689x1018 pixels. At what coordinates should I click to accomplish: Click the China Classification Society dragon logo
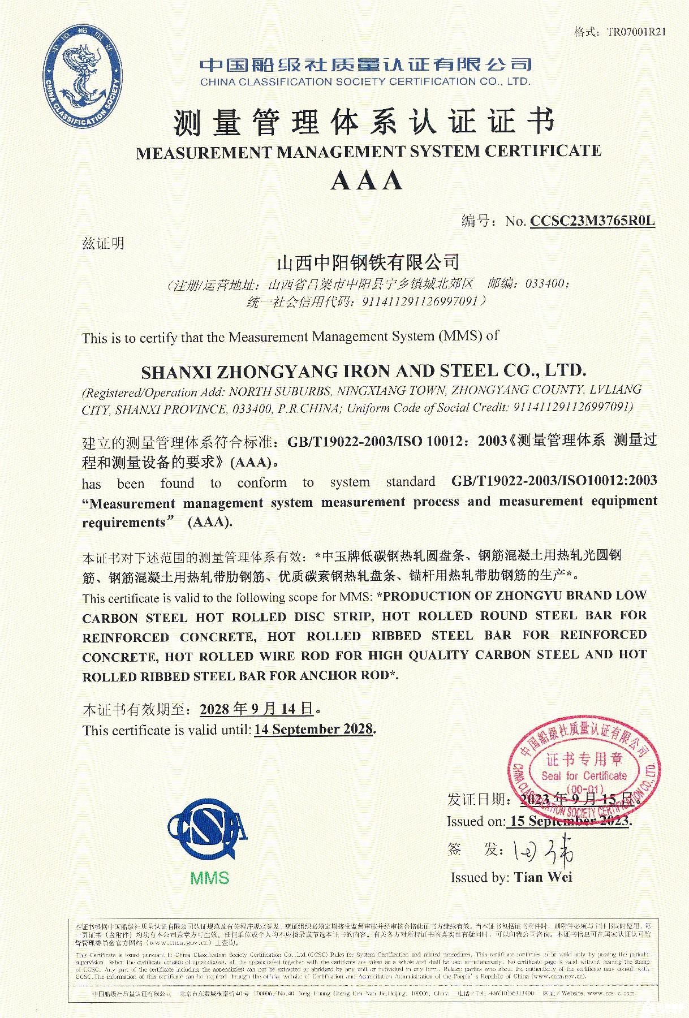coord(84,78)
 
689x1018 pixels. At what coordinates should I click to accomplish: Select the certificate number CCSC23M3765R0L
coord(592,221)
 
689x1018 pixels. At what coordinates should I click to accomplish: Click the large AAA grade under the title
coord(367,181)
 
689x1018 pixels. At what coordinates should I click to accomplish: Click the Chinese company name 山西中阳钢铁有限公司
coord(367,262)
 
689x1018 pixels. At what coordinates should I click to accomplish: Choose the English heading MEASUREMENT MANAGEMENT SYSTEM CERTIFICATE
coord(368,152)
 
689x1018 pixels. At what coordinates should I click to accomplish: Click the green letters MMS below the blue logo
coord(210,878)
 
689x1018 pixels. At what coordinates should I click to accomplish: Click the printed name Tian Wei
coord(543,877)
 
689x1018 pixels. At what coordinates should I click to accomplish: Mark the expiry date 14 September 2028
coord(314,730)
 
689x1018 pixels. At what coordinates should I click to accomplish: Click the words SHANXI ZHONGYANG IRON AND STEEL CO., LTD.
coord(364,372)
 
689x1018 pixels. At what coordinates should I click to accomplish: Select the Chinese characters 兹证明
coord(103,244)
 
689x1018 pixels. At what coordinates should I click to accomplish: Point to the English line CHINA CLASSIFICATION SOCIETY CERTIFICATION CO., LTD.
coord(365,81)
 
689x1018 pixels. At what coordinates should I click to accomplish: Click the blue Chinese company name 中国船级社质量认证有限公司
coord(365,64)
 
